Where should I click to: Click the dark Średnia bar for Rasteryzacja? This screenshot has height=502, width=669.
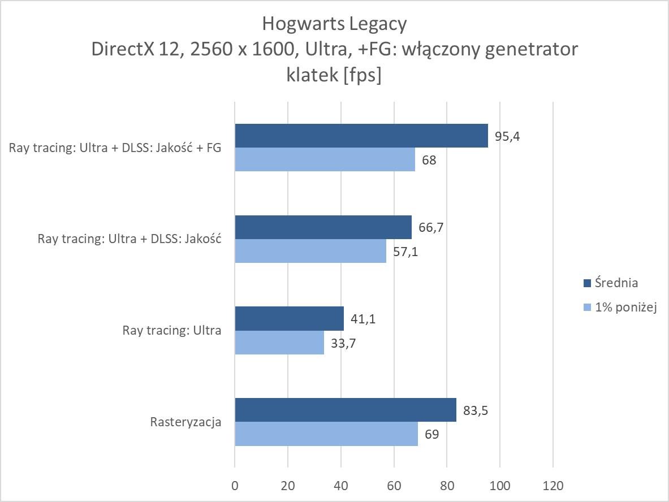coord(345,410)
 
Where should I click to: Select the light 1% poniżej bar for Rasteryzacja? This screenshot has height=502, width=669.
coord(326,434)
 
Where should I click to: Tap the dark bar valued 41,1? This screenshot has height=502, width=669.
coord(289,318)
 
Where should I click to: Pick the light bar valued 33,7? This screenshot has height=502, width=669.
coord(279,342)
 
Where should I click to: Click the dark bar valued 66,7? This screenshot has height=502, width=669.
coord(323,227)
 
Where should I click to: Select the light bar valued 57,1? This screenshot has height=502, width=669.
coord(310,250)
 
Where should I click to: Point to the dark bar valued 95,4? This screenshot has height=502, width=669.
coord(361,136)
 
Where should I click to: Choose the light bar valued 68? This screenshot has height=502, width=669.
coord(325,159)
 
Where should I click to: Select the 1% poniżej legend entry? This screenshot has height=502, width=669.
coord(621,308)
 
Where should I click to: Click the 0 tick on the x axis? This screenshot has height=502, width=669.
coord(235,486)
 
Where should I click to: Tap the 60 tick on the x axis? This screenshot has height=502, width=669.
coord(394,486)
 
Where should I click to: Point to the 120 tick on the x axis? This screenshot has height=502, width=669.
coord(553,486)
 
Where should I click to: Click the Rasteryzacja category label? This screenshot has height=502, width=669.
coord(185,422)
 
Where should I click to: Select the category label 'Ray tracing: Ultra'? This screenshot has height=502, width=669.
coord(172,330)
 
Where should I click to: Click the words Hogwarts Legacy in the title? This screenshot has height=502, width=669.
coord(334,24)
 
